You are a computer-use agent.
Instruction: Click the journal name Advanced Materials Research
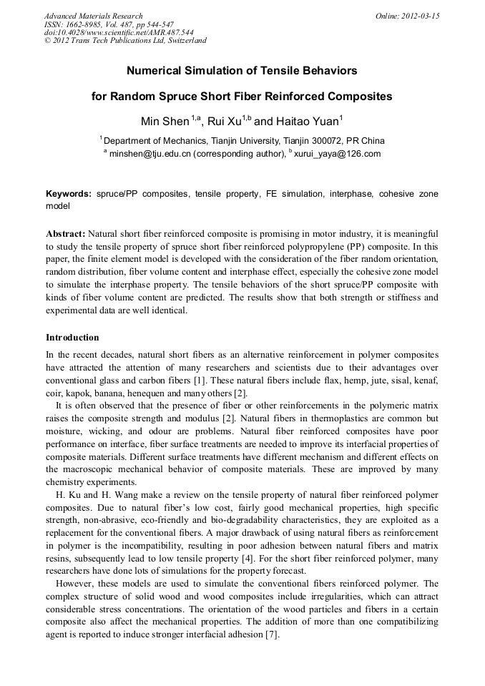click(93, 16)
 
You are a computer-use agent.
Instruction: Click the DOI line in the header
click(118, 32)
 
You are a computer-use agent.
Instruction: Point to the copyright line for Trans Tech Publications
click(125, 41)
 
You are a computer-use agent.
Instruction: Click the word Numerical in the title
click(156, 72)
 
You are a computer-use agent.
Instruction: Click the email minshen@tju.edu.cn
click(152, 153)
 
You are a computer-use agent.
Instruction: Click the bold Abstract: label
click(66, 234)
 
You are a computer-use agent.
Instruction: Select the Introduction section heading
click(72, 338)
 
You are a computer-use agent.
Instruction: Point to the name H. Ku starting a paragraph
click(68, 495)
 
